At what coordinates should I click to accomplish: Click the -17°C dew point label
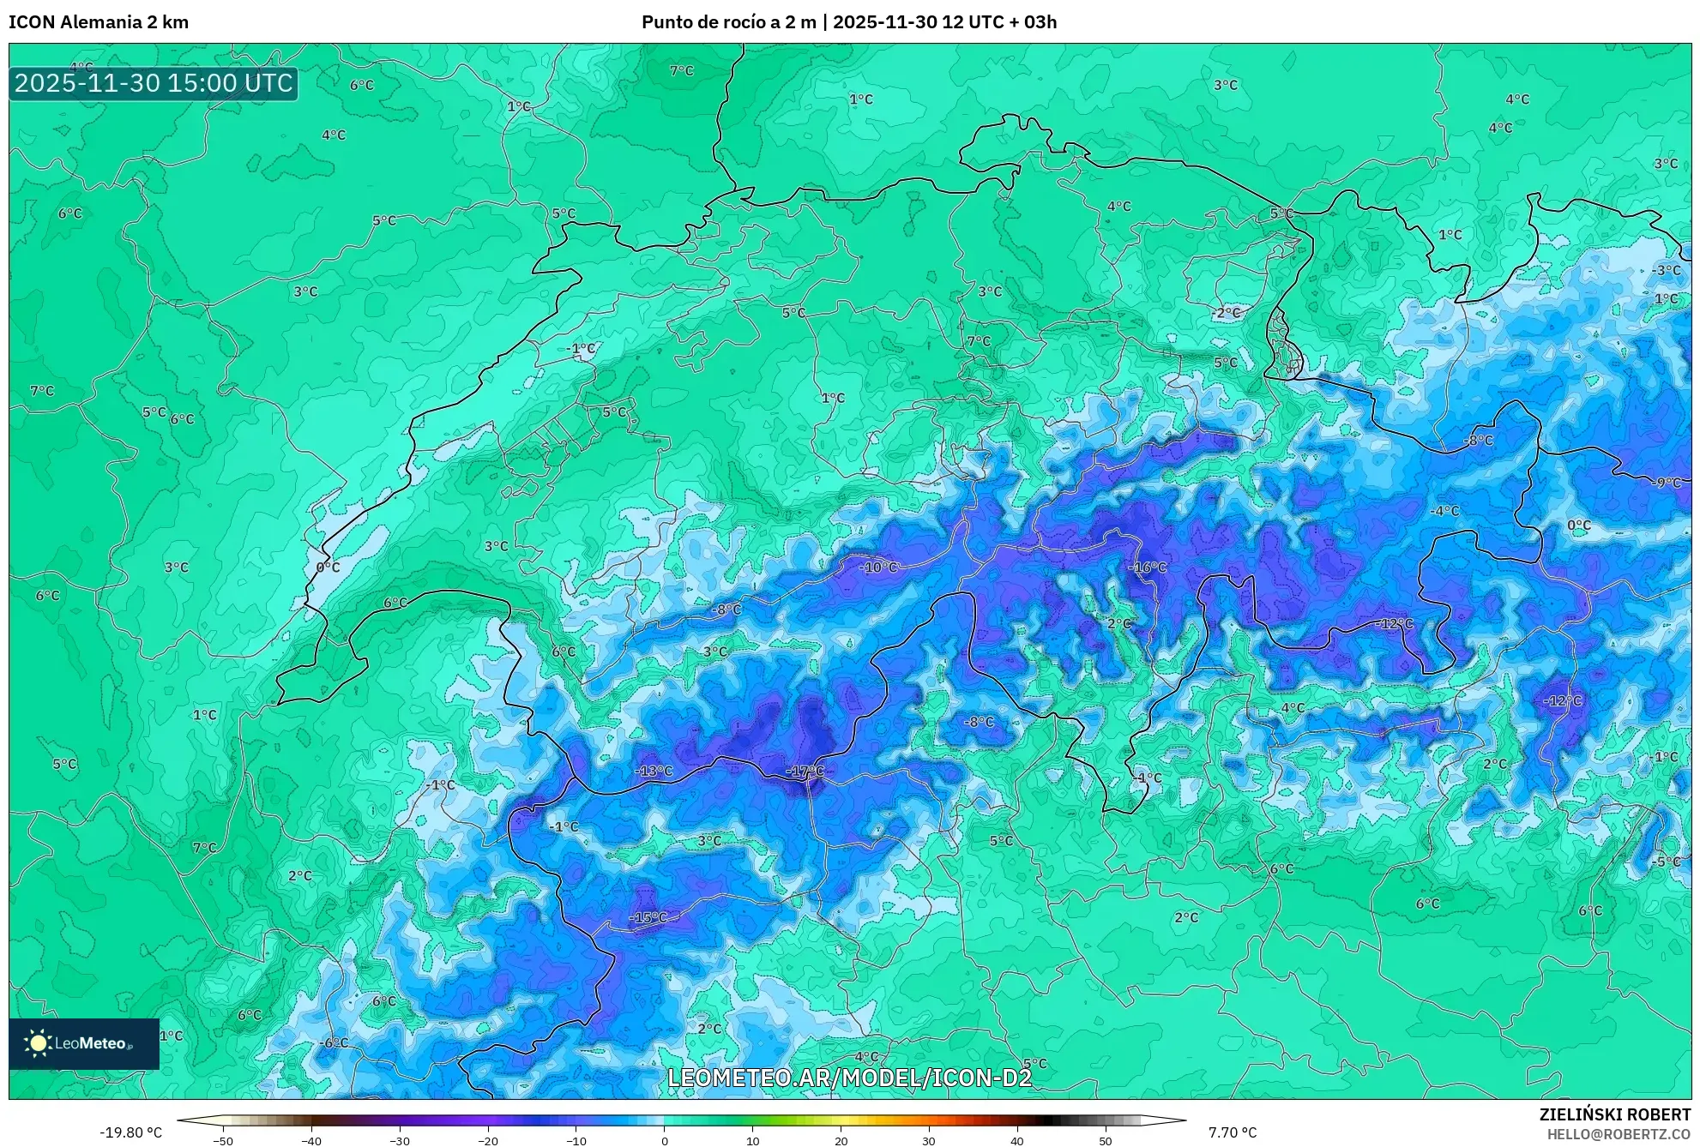805,772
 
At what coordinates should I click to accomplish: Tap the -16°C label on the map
1147,567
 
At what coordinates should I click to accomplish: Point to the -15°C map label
648,917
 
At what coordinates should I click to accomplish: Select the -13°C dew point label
654,771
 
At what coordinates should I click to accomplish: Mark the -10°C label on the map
878,567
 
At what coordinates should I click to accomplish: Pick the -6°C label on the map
334,1042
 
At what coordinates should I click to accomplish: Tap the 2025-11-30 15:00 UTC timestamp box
154,83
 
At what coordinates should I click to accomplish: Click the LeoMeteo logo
83,1043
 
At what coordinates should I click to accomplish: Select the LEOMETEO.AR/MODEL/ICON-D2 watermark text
849,1078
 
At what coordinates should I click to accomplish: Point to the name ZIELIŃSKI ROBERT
1615,1114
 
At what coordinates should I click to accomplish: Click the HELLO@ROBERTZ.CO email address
1619,1134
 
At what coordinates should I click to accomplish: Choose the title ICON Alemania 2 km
99,22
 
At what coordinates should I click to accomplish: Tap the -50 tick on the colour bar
222,1141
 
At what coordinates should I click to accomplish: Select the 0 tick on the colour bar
664,1141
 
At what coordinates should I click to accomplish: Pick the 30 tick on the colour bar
929,1141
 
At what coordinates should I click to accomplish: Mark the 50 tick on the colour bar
1106,1141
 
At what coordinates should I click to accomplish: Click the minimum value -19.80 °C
130,1132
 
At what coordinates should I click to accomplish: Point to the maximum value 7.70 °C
1233,1132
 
